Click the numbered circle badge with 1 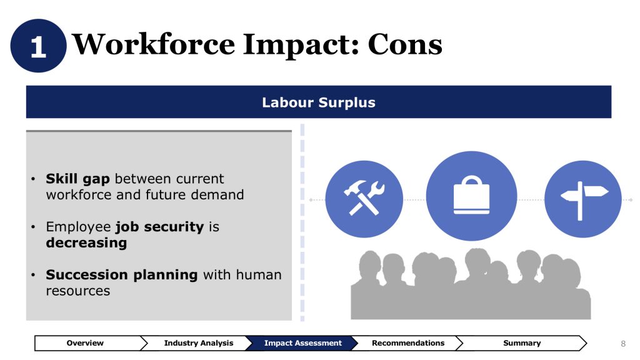tap(38, 46)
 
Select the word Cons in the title tap(405, 44)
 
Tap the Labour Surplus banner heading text tap(318, 102)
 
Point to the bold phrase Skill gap tap(77, 179)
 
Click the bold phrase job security tap(159, 227)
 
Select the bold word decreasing tap(86, 243)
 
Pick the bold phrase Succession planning tap(122, 275)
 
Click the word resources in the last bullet tap(78, 291)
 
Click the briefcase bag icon tap(471, 196)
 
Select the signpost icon tap(583, 199)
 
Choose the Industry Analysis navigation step tap(198, 343)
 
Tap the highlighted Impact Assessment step tap(302, 343)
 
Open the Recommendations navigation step tap(407, 343)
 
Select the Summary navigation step tap(522, 343)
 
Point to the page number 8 tap(623, 344)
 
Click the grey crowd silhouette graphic tap(471, 284)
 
